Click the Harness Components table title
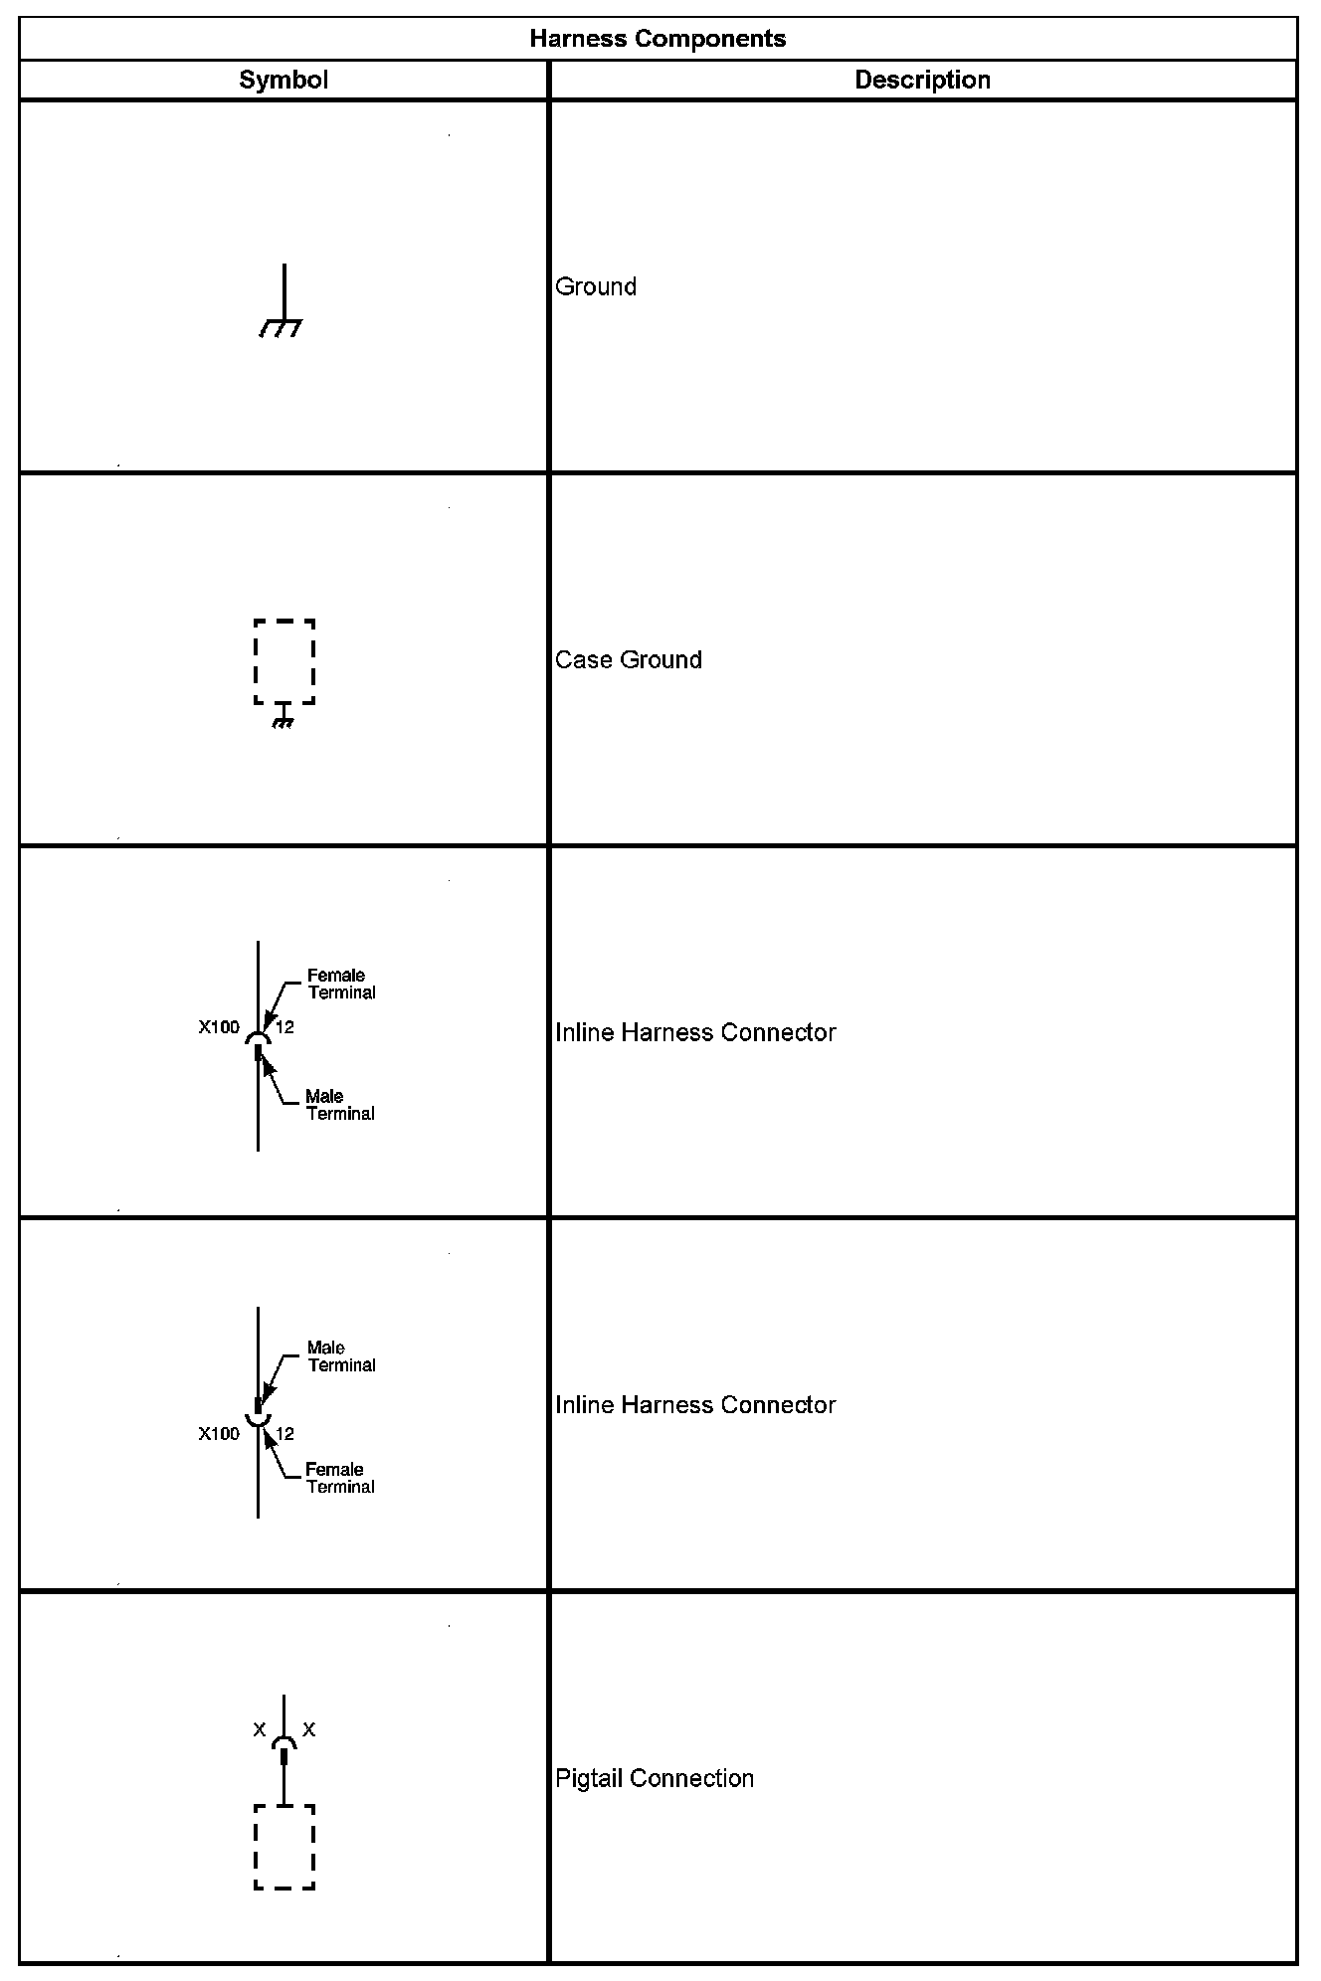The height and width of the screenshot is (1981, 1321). pyautogui.click(x=658, y=39)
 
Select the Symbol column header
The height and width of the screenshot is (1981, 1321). pyautogui.click(x=283, y=81)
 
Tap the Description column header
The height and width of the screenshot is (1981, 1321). pyautogui.click(x=922, y=81)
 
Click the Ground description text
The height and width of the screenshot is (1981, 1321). pyautogui.click(x=596, y=286)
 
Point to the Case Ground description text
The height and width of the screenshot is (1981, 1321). pyautogui.click(x=629, y=659)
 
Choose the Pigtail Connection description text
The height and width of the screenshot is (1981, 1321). pyautogui.click(x=655, y=1778)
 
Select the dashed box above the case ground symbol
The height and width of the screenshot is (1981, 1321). pyautogui.click(x=284, y=661)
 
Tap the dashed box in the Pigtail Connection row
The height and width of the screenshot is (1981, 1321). pyautogui.click(x=284, y=1847)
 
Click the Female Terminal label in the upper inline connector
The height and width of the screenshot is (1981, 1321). pyautogui.click(x=341, y=984)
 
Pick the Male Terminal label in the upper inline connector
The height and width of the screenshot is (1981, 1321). pyautogui.click(x=340, y=1105)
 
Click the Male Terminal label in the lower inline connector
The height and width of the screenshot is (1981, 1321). pyautogui.click(x=341, y=1356)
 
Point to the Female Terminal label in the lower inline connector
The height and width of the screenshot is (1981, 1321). pyautogui.click(x=340, y=1478)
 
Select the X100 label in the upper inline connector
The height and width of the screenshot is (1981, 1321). pyautogui.click(x=219, y=1027)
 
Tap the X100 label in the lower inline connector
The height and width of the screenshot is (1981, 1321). pyautogui.click(x=219, y=1433)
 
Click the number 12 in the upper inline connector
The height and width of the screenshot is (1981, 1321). pyautogui.click(x=284, y=1027)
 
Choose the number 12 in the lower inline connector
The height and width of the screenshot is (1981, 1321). pyautogui.click(x=284, y=1433)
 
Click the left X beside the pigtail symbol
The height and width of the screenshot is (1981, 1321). pyautogui.click(x=260, y=1730)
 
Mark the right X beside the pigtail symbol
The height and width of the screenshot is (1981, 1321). pyautogui.click(x=309, y=1730)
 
